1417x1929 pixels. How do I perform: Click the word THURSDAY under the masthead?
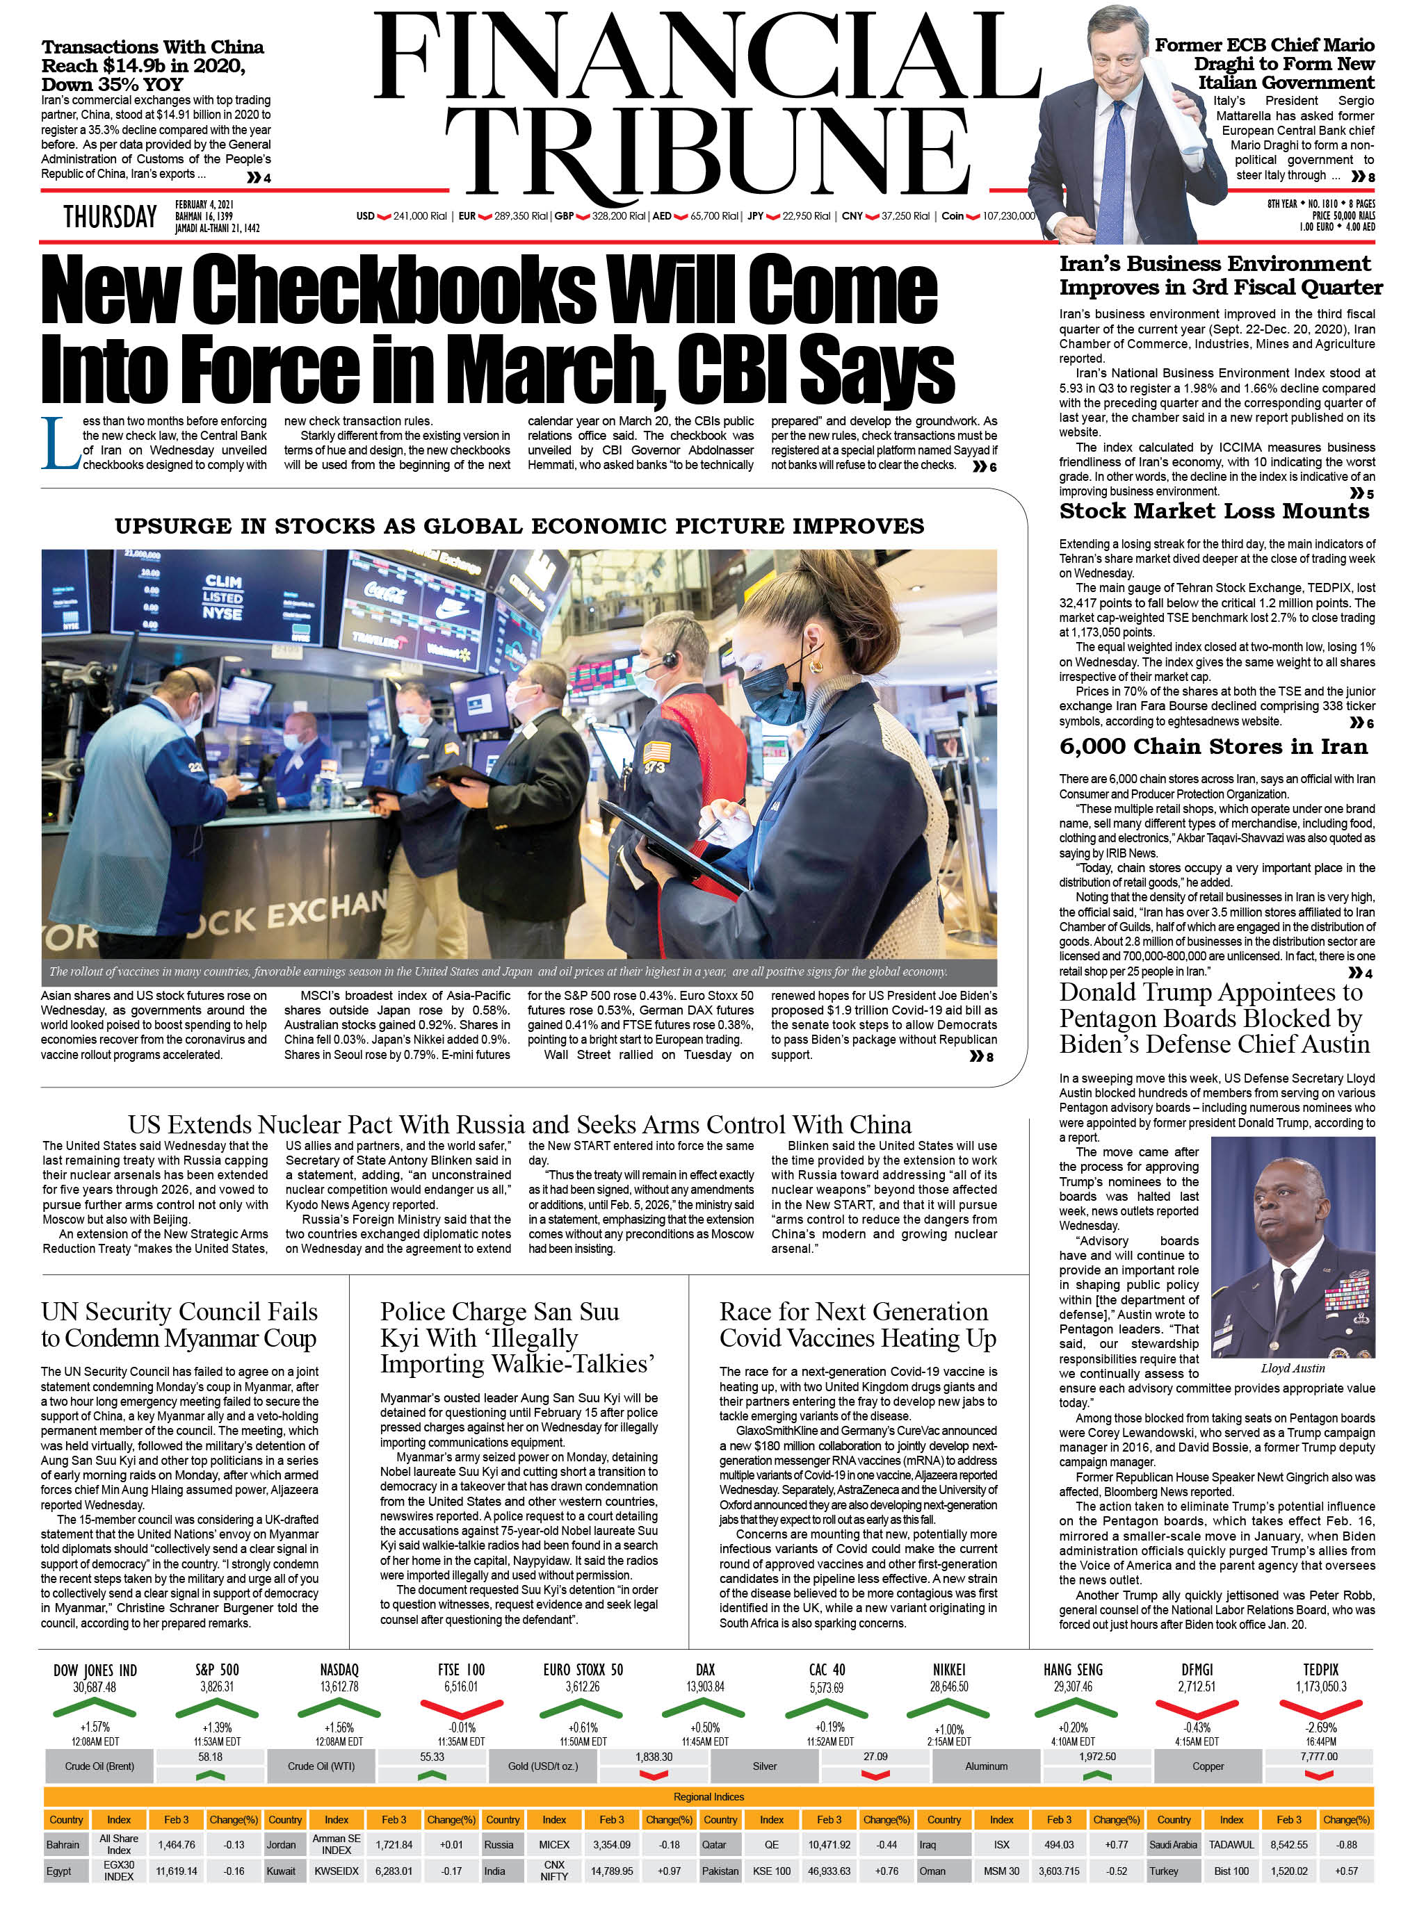(x=110, y=217)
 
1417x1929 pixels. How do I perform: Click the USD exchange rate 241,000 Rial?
(x=419, y=216)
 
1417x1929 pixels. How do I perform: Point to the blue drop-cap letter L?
(x=59, y=443)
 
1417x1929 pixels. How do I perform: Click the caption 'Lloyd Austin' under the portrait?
(x=1292, y=1368)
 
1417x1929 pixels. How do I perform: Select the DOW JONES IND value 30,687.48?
(x=95, y=1687)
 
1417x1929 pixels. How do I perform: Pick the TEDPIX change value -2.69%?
(x=1320, y=1727)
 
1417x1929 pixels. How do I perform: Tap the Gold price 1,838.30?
(x=654, y=1757)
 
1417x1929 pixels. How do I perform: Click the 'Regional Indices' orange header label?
(x=708, y=1796)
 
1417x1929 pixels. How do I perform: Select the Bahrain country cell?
(x=63, y=1844)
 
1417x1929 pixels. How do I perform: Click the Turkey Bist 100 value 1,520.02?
(x=1288, y=1871)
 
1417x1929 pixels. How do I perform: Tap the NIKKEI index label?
(x=948, y=1669)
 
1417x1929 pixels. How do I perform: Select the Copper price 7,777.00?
(x=1318, y=1757)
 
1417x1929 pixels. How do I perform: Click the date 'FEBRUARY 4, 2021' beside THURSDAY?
(x=204, y=205)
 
